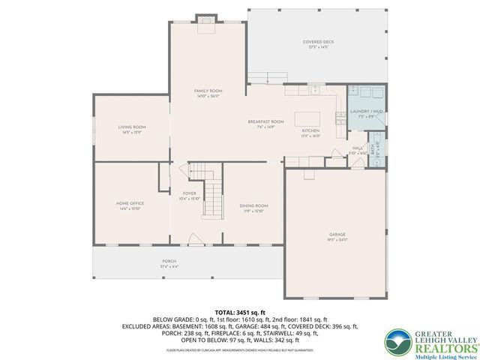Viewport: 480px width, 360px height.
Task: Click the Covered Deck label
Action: [x=317, y=42]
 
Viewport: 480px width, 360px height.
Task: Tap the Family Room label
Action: [x=205, y=89]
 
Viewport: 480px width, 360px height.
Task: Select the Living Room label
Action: [x=131, y=127]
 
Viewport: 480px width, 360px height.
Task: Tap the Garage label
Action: [x=337, y=234]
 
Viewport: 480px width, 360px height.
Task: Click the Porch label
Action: [x=168, y=262]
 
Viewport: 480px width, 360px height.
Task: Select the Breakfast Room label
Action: [x=265, y=121]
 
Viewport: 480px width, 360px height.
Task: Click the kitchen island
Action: [x=307, y=119]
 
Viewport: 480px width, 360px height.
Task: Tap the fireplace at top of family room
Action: [x=205, y=23]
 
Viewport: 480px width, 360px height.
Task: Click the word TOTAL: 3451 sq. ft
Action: [x=240, y=311]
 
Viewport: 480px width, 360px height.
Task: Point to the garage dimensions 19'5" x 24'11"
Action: [x=337, y=240]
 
